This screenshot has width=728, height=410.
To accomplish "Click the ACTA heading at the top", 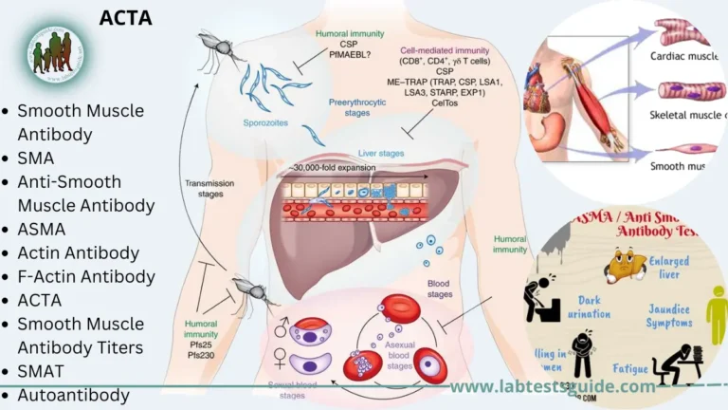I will [x=125, y=18].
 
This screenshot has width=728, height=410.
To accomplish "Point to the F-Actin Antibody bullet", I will [x=85, y=276].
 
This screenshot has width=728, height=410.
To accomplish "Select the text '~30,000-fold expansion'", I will [x=334, y=168].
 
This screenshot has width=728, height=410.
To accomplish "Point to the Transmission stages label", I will [x=204, y=189].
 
